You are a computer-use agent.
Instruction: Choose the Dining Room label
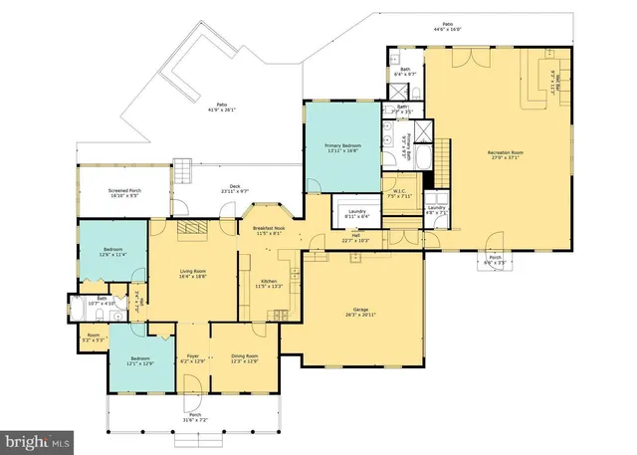[245, 355]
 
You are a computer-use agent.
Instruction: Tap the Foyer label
[193, 355]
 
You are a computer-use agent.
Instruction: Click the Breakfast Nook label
[269, 228]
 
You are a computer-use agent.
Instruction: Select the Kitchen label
[269, 282]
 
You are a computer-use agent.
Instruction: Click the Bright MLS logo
[37, 438]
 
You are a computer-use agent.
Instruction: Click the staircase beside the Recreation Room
[439, 164]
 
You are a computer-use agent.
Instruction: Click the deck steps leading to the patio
[182, 168]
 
